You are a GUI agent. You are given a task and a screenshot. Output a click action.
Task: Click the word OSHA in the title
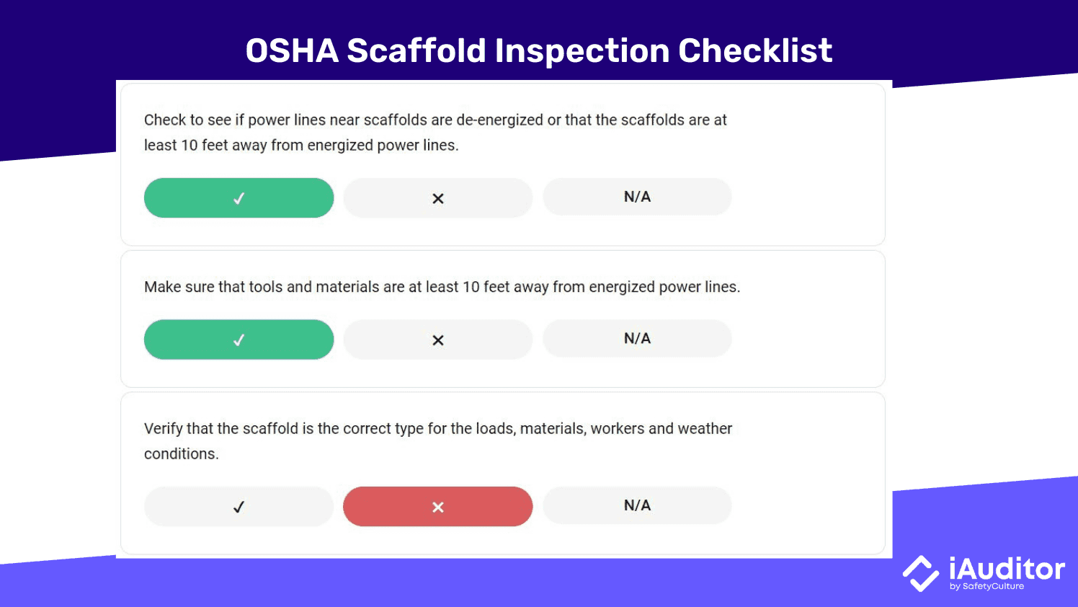click(292, 51)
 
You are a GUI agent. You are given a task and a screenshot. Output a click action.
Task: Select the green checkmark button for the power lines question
click(239, 198)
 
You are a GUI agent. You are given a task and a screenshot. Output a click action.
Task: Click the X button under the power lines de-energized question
click(438, 198)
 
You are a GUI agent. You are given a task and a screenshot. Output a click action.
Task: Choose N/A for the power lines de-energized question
click(637, 197)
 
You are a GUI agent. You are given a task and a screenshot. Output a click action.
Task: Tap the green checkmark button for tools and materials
click(239, 340)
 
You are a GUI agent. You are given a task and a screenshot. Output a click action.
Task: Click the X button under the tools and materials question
click(438, 340)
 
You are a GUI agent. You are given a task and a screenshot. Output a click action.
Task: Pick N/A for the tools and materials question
click(637, 338)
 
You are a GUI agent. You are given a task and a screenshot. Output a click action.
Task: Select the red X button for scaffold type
click(438, 507)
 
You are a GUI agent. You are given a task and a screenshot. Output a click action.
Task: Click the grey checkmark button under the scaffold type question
click(239, 507)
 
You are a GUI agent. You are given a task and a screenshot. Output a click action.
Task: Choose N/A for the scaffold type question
click(637, 505)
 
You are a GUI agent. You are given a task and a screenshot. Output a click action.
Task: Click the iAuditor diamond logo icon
click(921, 574)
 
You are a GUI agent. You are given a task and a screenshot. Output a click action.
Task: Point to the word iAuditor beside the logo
click(1007, 570)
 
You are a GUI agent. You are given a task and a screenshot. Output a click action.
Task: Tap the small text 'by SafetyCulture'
click(986, 587)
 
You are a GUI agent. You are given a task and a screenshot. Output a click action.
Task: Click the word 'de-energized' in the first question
click(499, 120)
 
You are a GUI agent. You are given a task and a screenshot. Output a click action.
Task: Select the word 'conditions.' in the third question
click(181, 454)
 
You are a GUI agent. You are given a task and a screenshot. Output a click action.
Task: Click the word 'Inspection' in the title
click(581, 51)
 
